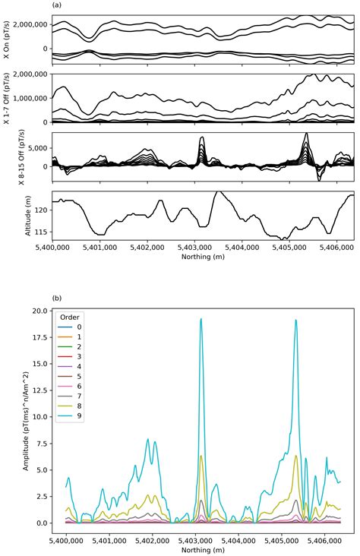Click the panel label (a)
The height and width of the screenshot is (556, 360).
coord(56,5)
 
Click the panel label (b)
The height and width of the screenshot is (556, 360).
coord(56,299)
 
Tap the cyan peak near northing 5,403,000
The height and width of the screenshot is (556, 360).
coord(201,319)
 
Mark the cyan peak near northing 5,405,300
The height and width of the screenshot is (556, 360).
coord(295,321)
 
